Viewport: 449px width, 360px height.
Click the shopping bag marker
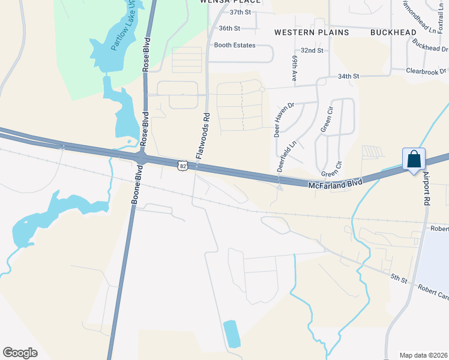click(x=414, y=160)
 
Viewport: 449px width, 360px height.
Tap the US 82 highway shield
click(x=182, y=165)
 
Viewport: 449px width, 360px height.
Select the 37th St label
click(x=239, y=12)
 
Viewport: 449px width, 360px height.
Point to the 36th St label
click(x=229, y=28)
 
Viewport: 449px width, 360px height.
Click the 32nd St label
click(x=312, y=50)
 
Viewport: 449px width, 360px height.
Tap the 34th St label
click(x=348, y=76)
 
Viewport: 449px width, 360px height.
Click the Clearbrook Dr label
click(x=427, y=71)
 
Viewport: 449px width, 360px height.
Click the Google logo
click(x=20, y=352)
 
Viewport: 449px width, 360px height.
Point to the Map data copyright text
click(x=423, y=355)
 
